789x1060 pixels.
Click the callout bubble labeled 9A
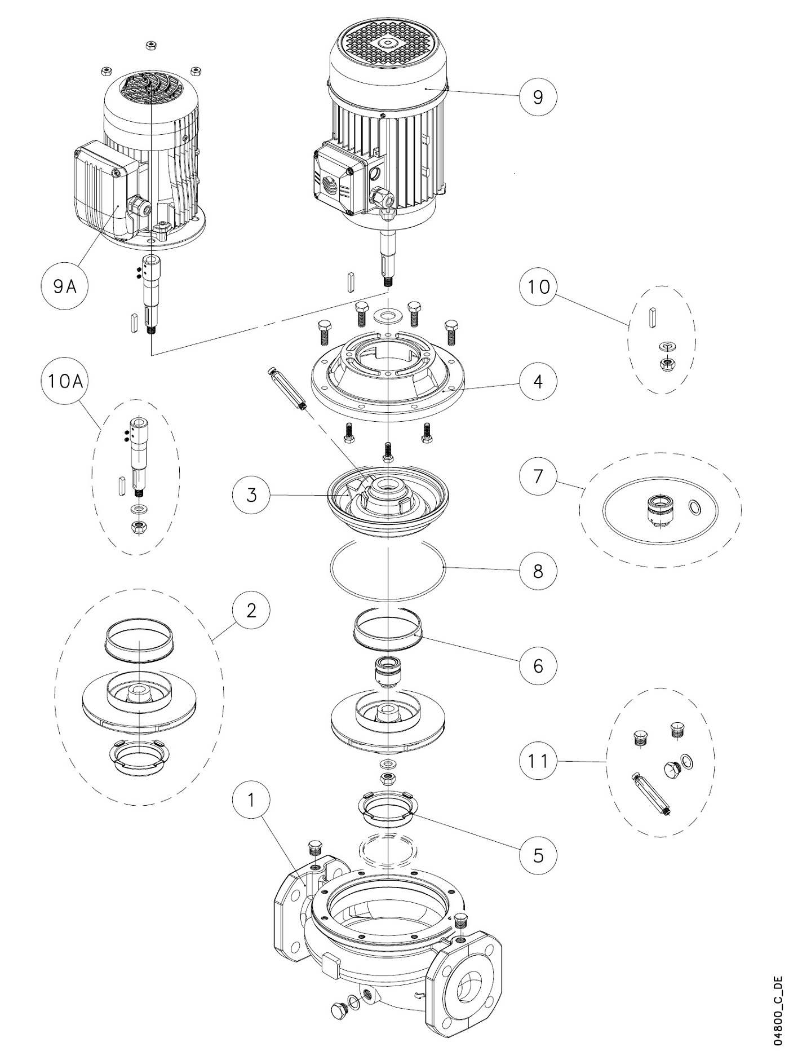pyautogui.click(x=65, y=286)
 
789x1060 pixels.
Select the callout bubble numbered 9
pyautogui.click(x=538, y=97)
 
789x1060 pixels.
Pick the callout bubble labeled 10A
pyautogui.click(x=65, y=381)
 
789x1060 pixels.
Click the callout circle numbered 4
pyautogui.click(x=538, y=381)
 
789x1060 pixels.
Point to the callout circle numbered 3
pyautogui.click(x=251, y=495)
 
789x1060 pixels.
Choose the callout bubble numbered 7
pyautogui.click(x=538, y=476)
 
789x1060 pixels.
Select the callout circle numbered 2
pyautogui.click(x=251, y=610)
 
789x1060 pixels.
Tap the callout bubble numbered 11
pyautogui.click(x=538, y=761)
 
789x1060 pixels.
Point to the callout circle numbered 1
pyautogui.click(x=251, y=799)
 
